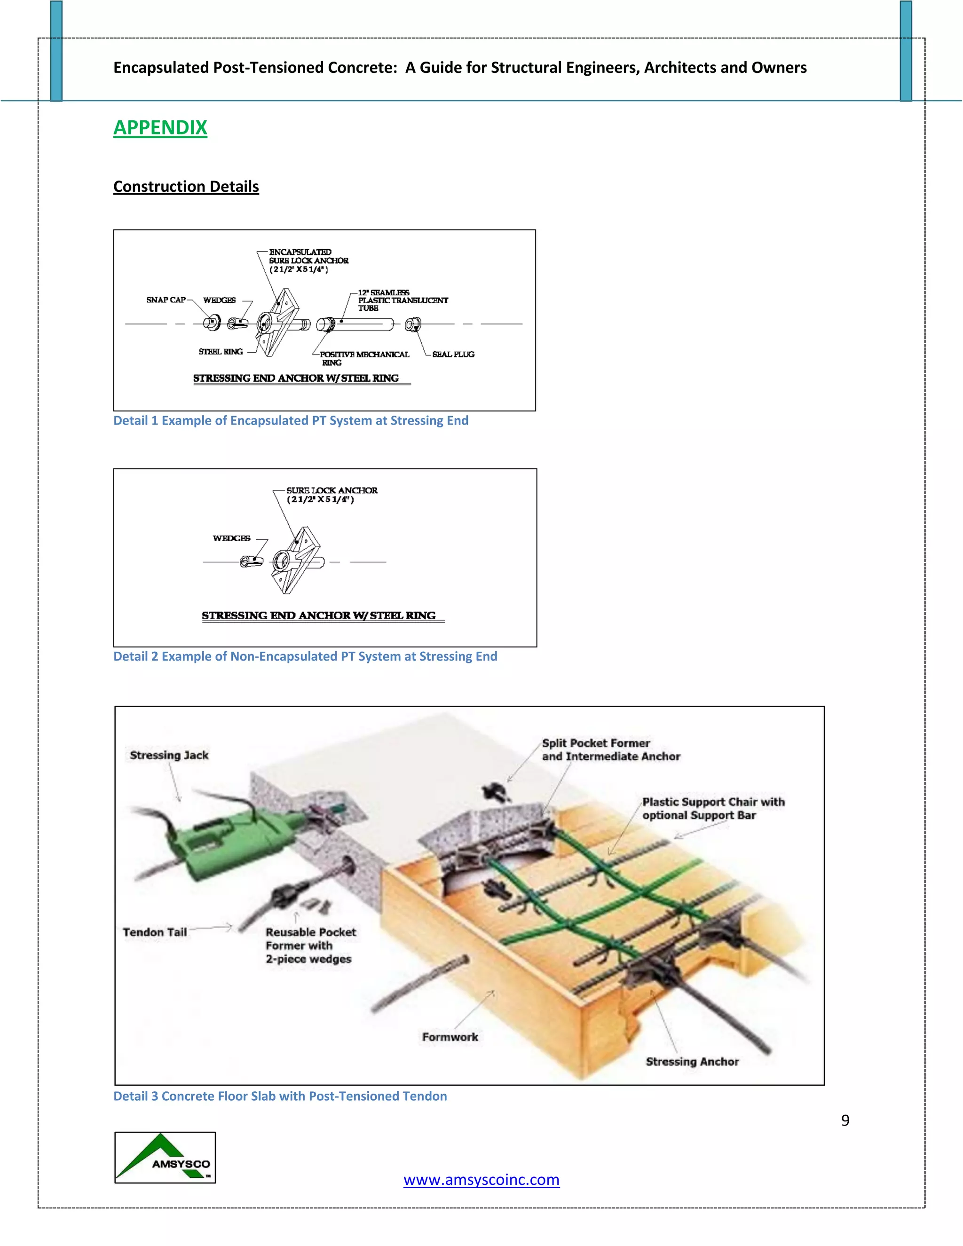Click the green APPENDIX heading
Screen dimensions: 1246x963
point(160,127)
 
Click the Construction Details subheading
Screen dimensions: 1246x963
point(186,187)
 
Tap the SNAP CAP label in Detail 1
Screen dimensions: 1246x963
point(166,300)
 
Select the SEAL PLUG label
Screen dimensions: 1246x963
point(453,355)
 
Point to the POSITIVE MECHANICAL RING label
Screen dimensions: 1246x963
point(364,358)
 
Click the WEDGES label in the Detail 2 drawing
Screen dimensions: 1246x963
point(231,538)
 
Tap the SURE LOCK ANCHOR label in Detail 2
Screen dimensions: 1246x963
point(332,494)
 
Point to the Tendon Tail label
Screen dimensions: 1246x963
point(155,932)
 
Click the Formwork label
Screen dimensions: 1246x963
point(450,1037)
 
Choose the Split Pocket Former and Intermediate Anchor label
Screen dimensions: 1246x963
point(610,749)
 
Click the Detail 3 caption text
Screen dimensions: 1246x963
point(280,1096)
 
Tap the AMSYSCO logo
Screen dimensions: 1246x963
point(165,1158)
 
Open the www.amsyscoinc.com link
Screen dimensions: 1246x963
point(481,1179)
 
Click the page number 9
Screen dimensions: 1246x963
point(845,1120)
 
